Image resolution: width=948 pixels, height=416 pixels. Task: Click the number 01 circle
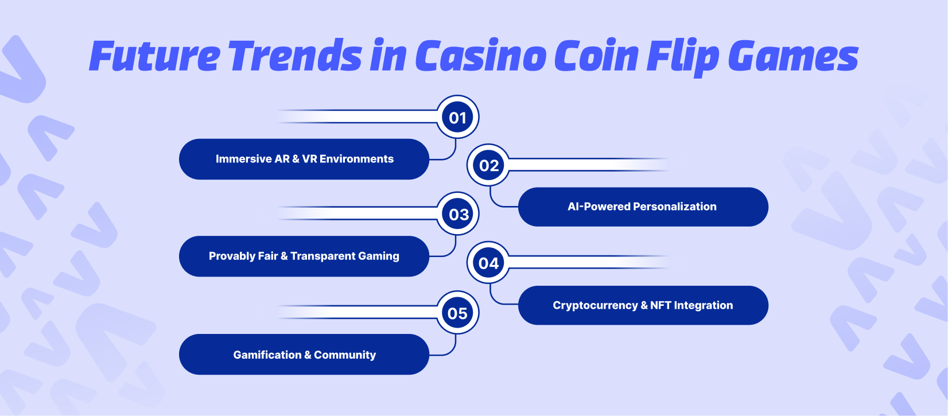tap(457, 117)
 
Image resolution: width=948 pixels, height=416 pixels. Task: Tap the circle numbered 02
tap(488, 165)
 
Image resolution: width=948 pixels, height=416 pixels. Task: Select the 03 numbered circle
tap(457, 214)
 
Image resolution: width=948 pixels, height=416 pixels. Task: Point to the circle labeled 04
tap(488, 263)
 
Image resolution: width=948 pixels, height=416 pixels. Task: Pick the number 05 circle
tap(457, 313)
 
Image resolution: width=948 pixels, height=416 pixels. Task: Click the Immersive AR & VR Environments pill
tap(304, 159)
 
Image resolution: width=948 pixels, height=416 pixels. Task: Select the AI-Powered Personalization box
tap(643, 207)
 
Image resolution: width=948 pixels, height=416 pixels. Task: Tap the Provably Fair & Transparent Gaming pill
tap(304, 256)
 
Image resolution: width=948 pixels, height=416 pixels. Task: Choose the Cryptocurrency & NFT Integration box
tap(643, 306)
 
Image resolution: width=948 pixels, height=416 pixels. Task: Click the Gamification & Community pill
tap(304, 355)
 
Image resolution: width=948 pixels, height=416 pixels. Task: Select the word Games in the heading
tap(793, 56)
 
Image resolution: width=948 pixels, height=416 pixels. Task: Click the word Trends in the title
tap(296, 56)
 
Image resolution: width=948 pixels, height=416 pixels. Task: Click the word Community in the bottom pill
tap(345, 355)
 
